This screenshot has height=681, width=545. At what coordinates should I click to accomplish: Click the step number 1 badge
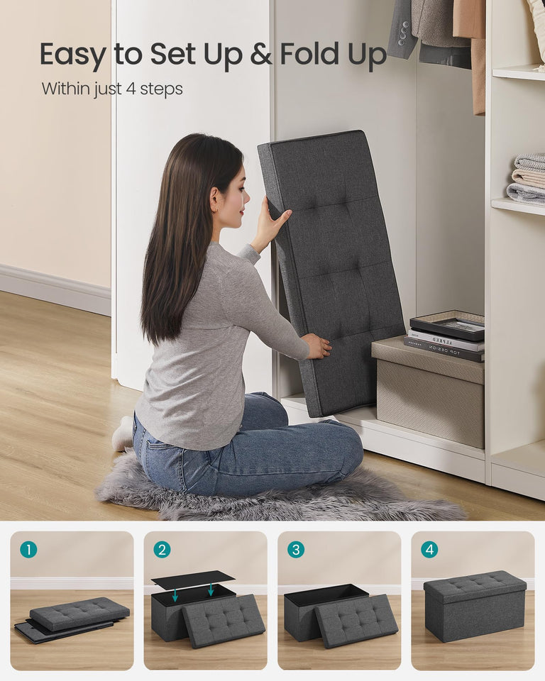pyautogui.click(x=28, y=549)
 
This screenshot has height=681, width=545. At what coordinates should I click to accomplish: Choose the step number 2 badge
pyautogui.click(x=162, y=549)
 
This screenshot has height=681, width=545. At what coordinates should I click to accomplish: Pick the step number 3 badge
pyautogui.click(x=295, y=549)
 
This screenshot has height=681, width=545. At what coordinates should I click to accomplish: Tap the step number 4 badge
pyautogui.click(x=429, y=549)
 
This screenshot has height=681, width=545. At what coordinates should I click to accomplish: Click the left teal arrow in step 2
pyautogui.click(x=175, y=594)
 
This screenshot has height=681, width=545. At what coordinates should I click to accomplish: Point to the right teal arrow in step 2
pyautogui.click(x=210, y=589)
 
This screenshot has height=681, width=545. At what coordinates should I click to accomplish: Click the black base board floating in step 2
pyautogui.click(x=192, y=578)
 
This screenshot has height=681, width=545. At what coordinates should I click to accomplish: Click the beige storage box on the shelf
pyautogui.click(x=429, y=394)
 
